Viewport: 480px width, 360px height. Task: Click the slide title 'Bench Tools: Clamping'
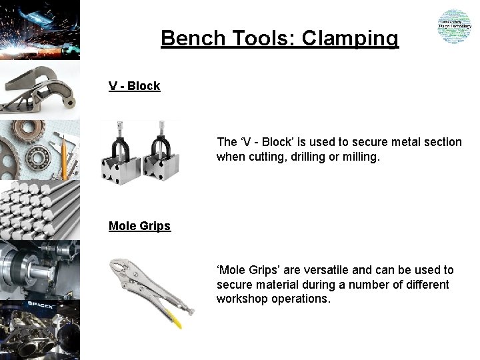point(279,38)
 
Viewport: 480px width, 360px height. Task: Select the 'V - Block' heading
point(135,86)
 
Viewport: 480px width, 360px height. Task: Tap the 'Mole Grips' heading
point(139,226)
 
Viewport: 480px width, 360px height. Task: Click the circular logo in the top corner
point(454,27)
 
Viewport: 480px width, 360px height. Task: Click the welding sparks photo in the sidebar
point(40,29)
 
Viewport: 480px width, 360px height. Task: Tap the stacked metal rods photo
point(40,210)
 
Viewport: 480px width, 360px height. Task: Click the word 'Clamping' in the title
point(350,38)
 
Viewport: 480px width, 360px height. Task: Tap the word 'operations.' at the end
point(299,299)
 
